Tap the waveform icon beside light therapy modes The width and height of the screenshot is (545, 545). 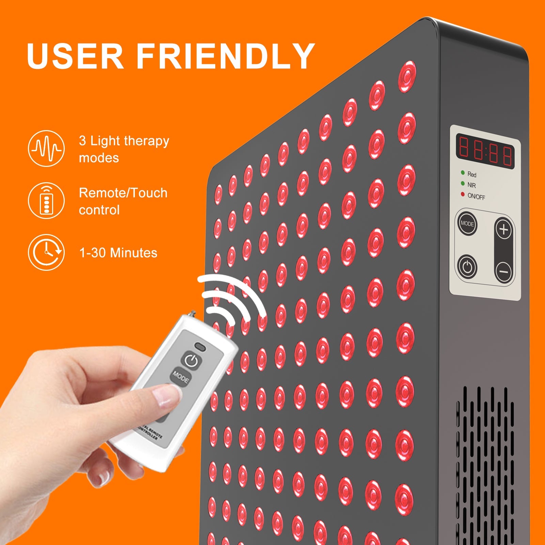pos(46,149)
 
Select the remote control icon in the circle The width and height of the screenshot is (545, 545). pos(46,201)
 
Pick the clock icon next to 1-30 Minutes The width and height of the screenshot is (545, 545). pos(46,252)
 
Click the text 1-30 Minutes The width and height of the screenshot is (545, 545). pos(118,253)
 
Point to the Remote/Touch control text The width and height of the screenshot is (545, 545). pos(123,201)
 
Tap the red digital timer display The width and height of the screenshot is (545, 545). pos(485,151)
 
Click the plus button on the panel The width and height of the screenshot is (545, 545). pos(503,230)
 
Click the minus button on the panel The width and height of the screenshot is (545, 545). pos(503,271)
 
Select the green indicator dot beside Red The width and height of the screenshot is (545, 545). pos(463,173)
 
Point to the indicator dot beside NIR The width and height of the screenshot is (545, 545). pos(463,184)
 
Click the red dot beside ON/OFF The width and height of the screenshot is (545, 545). pos(463,194)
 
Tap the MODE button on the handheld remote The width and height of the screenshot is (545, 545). pos(180,377)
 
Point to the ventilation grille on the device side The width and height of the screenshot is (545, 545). pos(485,467)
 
